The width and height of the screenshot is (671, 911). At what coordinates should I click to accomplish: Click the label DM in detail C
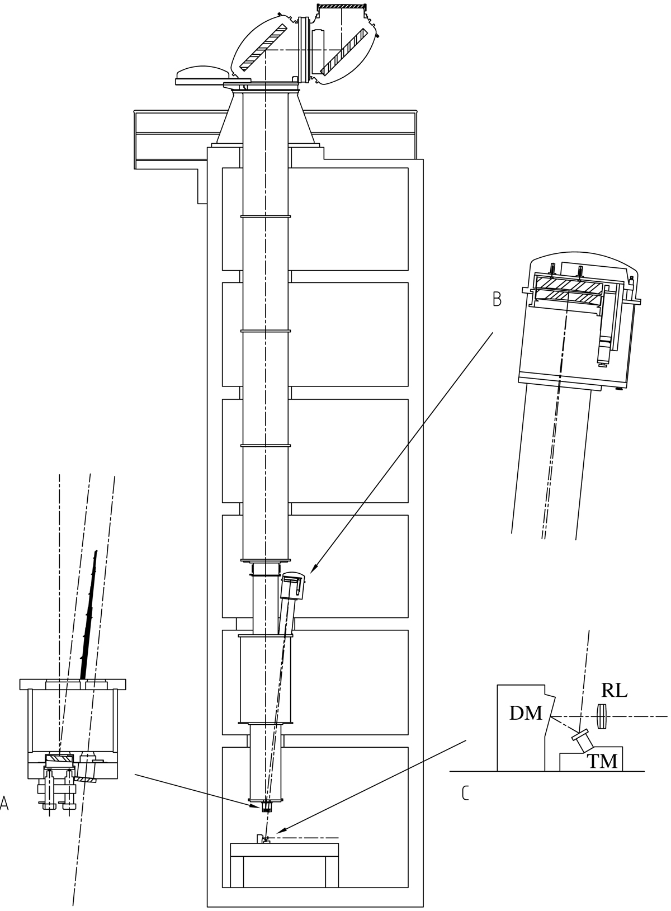coord(526,712)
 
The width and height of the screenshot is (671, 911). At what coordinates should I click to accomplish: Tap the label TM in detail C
coord(602,761)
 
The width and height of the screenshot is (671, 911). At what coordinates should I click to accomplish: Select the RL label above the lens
coord(614,691)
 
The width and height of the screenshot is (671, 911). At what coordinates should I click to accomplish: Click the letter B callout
coord(497,300)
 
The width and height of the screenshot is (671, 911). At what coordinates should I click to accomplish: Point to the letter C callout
coord(465,793)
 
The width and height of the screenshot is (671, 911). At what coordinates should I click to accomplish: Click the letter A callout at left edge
coord(4,804)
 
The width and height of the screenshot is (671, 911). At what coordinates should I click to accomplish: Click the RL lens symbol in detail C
coord(602,716)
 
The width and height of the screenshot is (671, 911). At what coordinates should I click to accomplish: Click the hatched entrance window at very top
coord(342,7)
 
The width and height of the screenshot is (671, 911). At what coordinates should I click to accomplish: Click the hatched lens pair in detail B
coord(568,291)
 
